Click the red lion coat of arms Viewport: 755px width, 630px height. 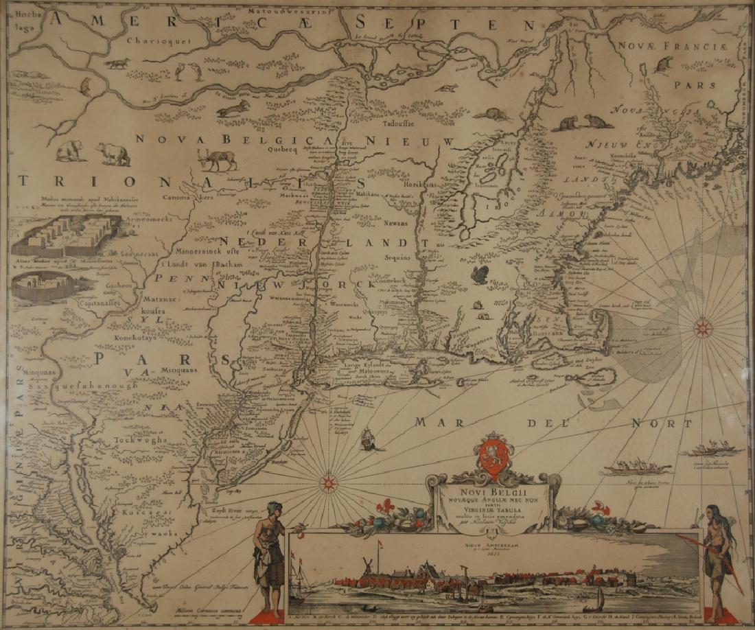492,456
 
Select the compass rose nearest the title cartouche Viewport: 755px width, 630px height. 328,483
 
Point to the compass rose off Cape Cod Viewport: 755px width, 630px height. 701,327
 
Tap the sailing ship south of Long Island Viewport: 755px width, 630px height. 368,439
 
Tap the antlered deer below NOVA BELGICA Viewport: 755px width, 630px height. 217,160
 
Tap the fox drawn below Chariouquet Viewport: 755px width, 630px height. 117,64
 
